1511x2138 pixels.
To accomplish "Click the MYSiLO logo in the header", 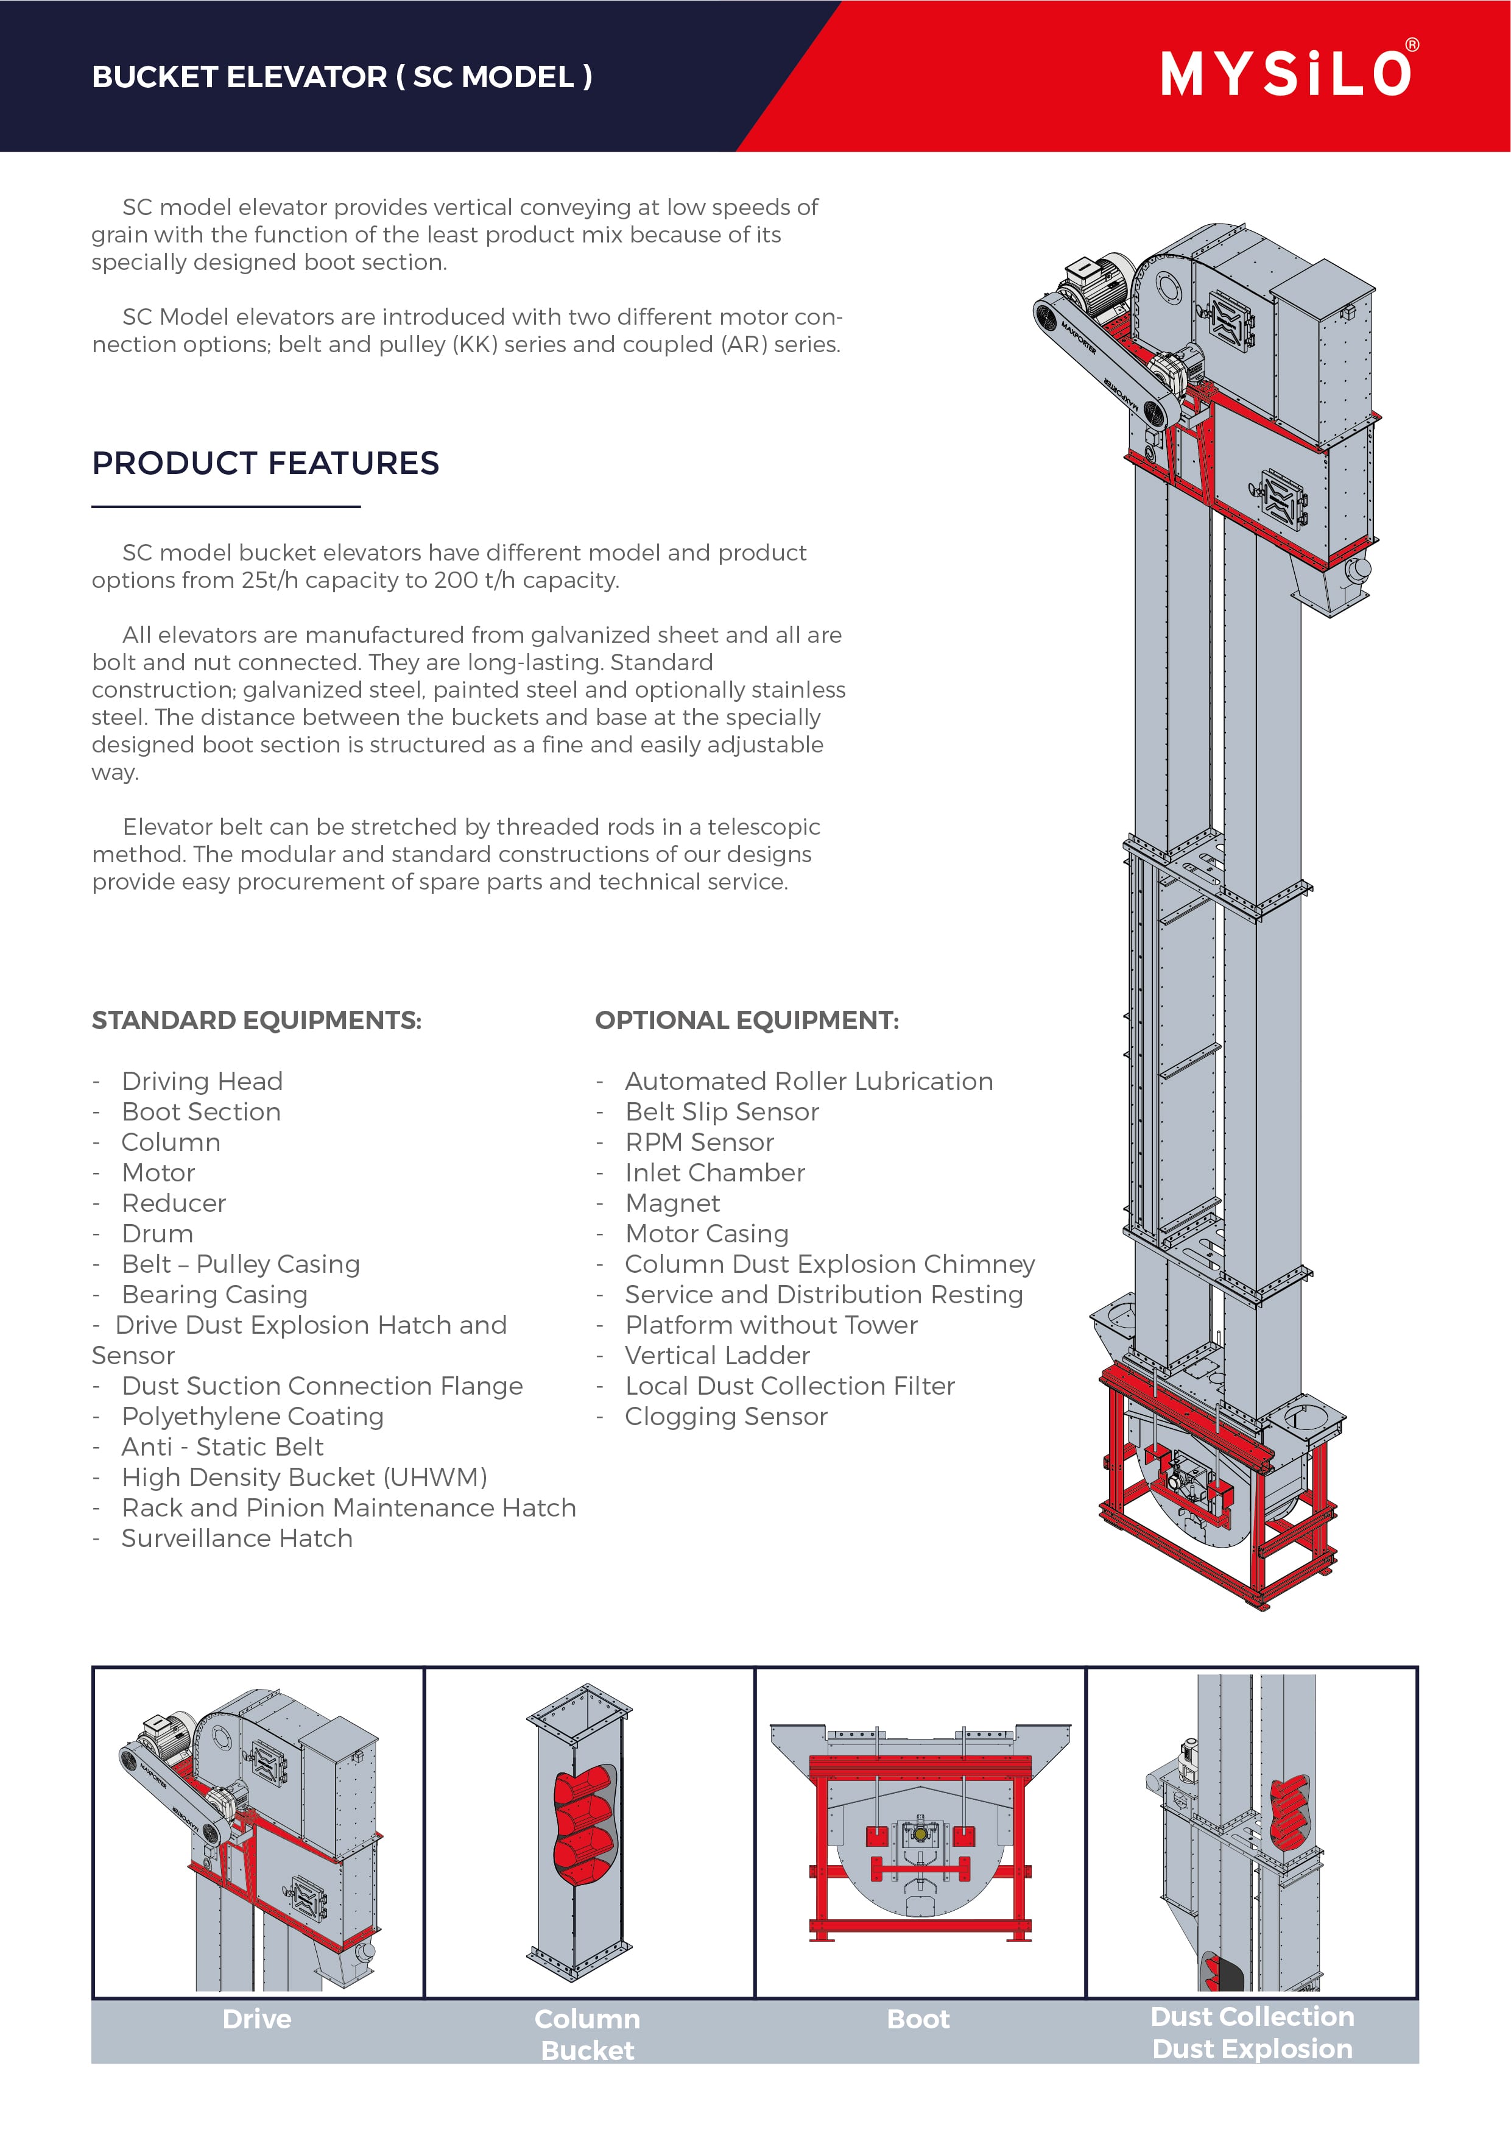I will (1286, 74).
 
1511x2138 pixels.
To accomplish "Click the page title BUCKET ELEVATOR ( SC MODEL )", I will (342, 76).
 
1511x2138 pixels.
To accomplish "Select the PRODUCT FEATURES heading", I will (266, 463).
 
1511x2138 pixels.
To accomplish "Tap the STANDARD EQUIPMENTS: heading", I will (256, 1021).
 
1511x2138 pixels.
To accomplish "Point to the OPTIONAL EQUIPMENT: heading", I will (747, 1021).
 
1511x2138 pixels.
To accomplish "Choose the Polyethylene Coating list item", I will (252, 1417).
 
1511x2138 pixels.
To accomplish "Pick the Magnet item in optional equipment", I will (672, 1203).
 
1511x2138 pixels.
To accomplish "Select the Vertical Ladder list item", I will (717, 1355).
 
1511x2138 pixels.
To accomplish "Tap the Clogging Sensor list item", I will (725, 1417).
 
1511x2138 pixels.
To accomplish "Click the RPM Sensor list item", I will (699, 1142).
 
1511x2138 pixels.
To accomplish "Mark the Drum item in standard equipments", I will (157, 1234).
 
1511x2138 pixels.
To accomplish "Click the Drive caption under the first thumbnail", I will (257, 2019).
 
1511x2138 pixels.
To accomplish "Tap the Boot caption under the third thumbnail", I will (918, 2019).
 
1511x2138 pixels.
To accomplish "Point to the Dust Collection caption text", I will (1252, 2016).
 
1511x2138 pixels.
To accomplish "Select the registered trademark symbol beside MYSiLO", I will (1412, 44).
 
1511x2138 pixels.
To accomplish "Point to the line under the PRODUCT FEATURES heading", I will (225, 506).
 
